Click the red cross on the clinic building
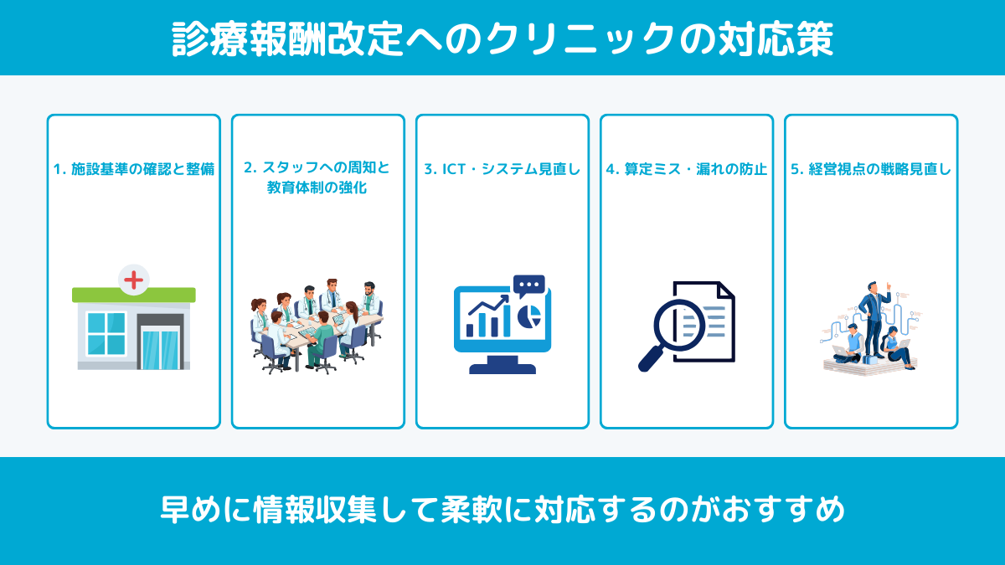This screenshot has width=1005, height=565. pyautogui.click(x=133, y=279)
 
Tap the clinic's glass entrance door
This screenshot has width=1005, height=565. pyautogui.click(x=160, y=348)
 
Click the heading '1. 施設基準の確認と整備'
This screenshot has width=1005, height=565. pyautogui.click(x=134, y=168)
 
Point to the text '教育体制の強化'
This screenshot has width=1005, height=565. pyautogui.click(x=317, y=188)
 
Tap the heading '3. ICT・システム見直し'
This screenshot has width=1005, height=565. pyautogui.click(x=502, y=168)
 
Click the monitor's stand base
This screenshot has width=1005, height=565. pyautogui.click(x=502, y=367)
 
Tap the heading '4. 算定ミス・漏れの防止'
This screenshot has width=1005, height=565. pyautogui.click(x=686, y=168)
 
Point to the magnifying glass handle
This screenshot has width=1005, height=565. pyautogui.click(x=650, y=361)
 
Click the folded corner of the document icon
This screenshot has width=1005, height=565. pyautogui.click(x=725, y=291)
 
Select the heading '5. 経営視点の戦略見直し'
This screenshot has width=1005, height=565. pyautogui.click(x=871, y=168)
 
